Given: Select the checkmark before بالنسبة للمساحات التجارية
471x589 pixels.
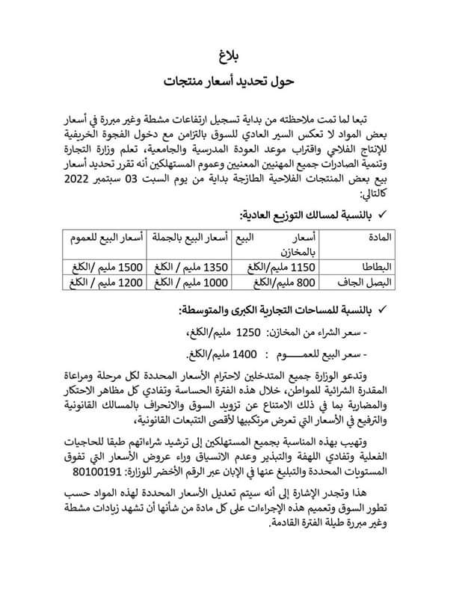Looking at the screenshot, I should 382,309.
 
